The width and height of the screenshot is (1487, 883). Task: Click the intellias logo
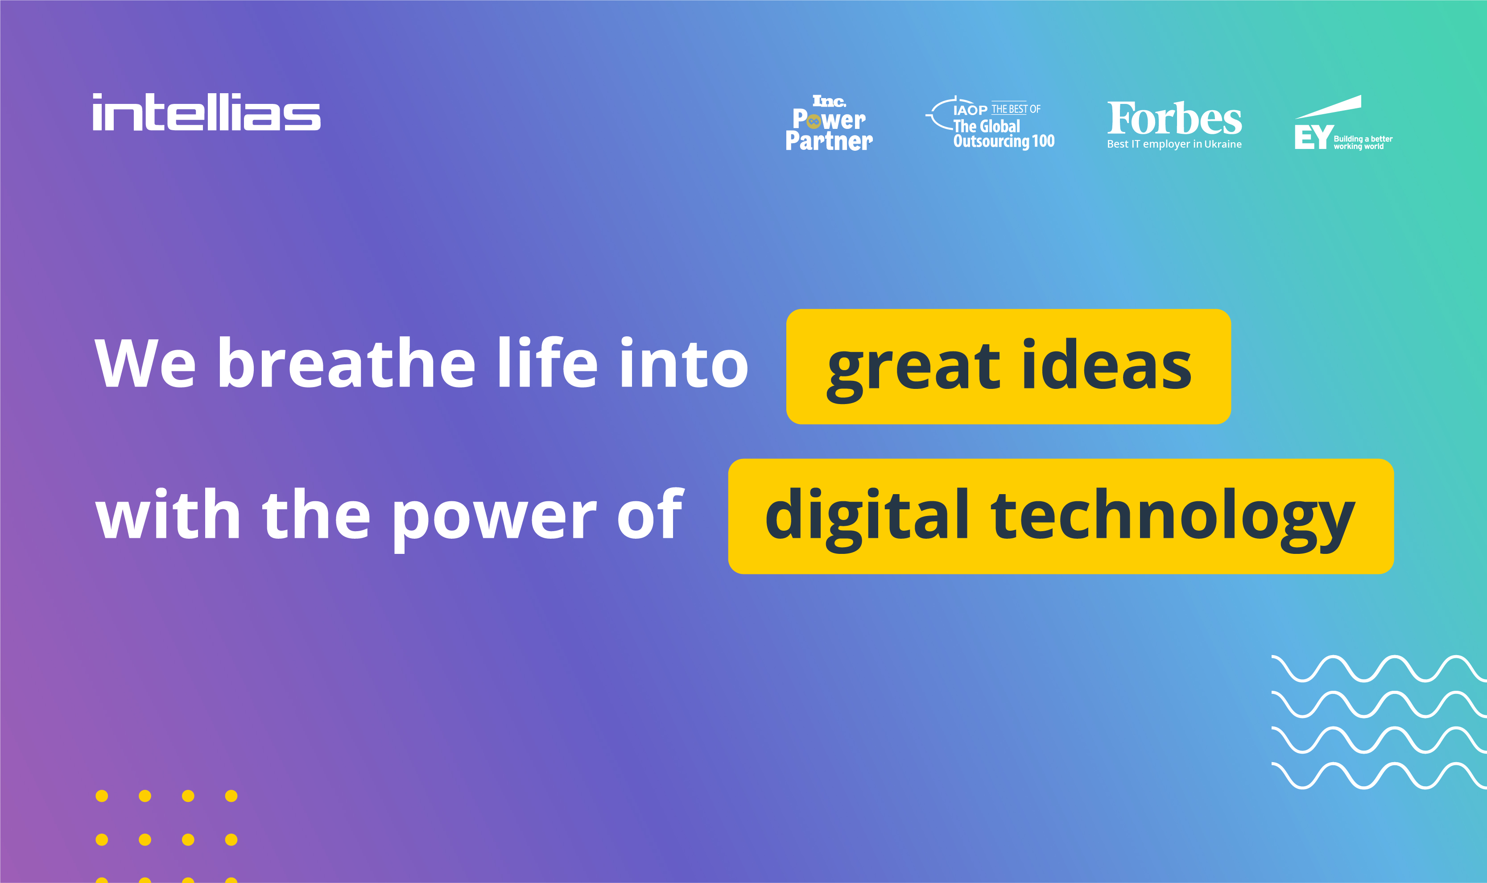[x=207, y=112]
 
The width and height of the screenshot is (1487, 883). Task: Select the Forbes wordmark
[x=1174, y=119]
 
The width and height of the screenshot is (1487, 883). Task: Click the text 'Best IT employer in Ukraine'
[x=1174, y=144]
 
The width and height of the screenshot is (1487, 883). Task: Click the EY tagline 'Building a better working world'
[x=1363, y=142]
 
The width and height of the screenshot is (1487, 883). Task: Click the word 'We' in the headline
[x=145, y=363]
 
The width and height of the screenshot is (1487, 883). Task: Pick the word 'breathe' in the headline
[x=347, y=361]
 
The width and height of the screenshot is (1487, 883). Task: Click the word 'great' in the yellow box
[x=914, y=370]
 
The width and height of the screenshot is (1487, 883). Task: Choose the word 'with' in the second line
[x=168, y=512]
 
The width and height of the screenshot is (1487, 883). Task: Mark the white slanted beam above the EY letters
[x=1327, y=107]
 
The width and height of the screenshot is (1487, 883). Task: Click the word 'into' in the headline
[x=684, y=361]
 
